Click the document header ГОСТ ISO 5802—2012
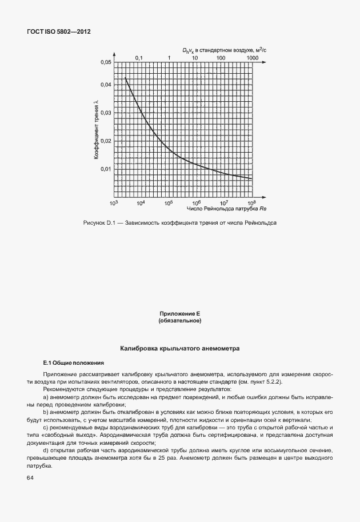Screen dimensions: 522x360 tap(59, 32)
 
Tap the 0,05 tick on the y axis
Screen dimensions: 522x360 tap(106, 62)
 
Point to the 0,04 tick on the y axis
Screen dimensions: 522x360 tap(106, 85)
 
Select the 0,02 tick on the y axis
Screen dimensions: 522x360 tap(106, 141)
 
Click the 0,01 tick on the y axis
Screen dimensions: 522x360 tap(106, 169)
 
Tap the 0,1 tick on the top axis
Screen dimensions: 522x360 tap(138, 58)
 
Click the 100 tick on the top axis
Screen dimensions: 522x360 tap(221, 58)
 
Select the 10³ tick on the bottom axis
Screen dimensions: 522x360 tap(113, 203)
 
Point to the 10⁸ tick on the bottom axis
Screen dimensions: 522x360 tap(251, 203)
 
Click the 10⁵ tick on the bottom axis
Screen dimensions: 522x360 tap(169, 203)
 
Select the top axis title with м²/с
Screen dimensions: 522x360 tap(225, 50)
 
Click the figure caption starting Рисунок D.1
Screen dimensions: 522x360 tap(180, 222)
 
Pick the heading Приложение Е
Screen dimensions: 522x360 tap(180, 314)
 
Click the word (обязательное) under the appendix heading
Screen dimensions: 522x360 tap(180, 321)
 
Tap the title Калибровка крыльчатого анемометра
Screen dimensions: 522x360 tap(180, 348)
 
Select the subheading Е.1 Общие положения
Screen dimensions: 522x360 tap(66, 362)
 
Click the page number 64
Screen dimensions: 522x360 tap(30, 478)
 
